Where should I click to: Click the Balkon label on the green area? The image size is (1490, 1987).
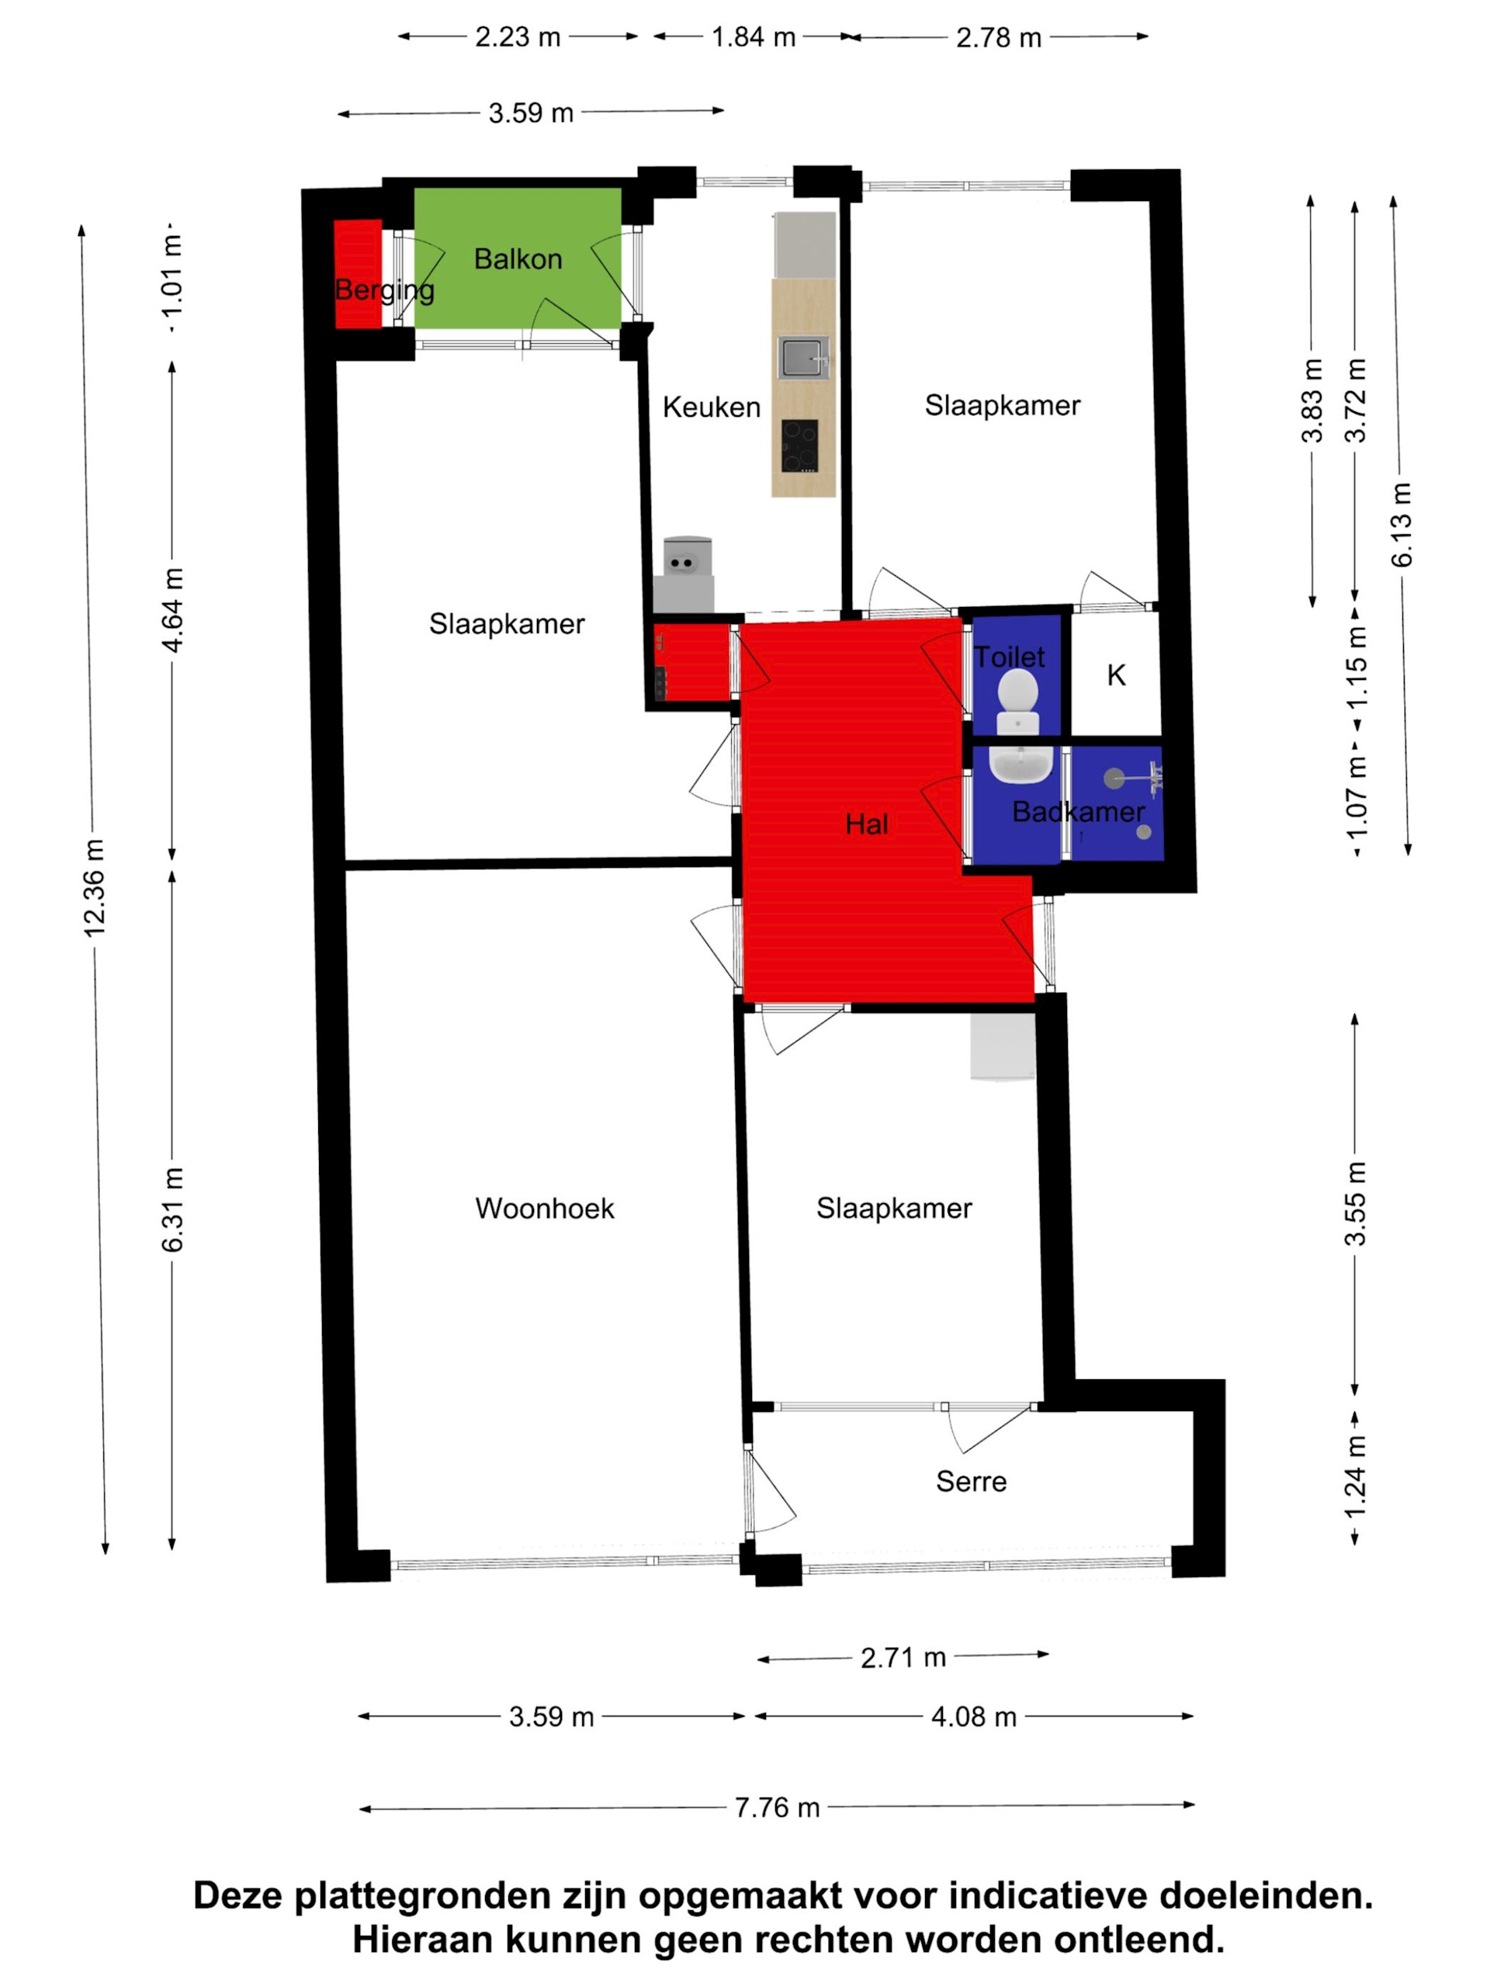pos(518,258)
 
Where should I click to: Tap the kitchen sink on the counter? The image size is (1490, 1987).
pos(801,358)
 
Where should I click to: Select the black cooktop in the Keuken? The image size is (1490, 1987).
pos(799,446)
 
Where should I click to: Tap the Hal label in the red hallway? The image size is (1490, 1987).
pos(866,824)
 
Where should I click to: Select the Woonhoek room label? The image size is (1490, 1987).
pos(544,1208)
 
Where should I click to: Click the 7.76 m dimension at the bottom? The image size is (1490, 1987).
pos(776,1808)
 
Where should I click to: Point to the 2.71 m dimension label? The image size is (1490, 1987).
pos(903,1657)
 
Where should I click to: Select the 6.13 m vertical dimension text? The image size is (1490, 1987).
pos(1401,525)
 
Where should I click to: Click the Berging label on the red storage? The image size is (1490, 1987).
pos(384,290)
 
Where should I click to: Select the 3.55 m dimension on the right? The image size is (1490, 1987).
pos(1354,1204)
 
